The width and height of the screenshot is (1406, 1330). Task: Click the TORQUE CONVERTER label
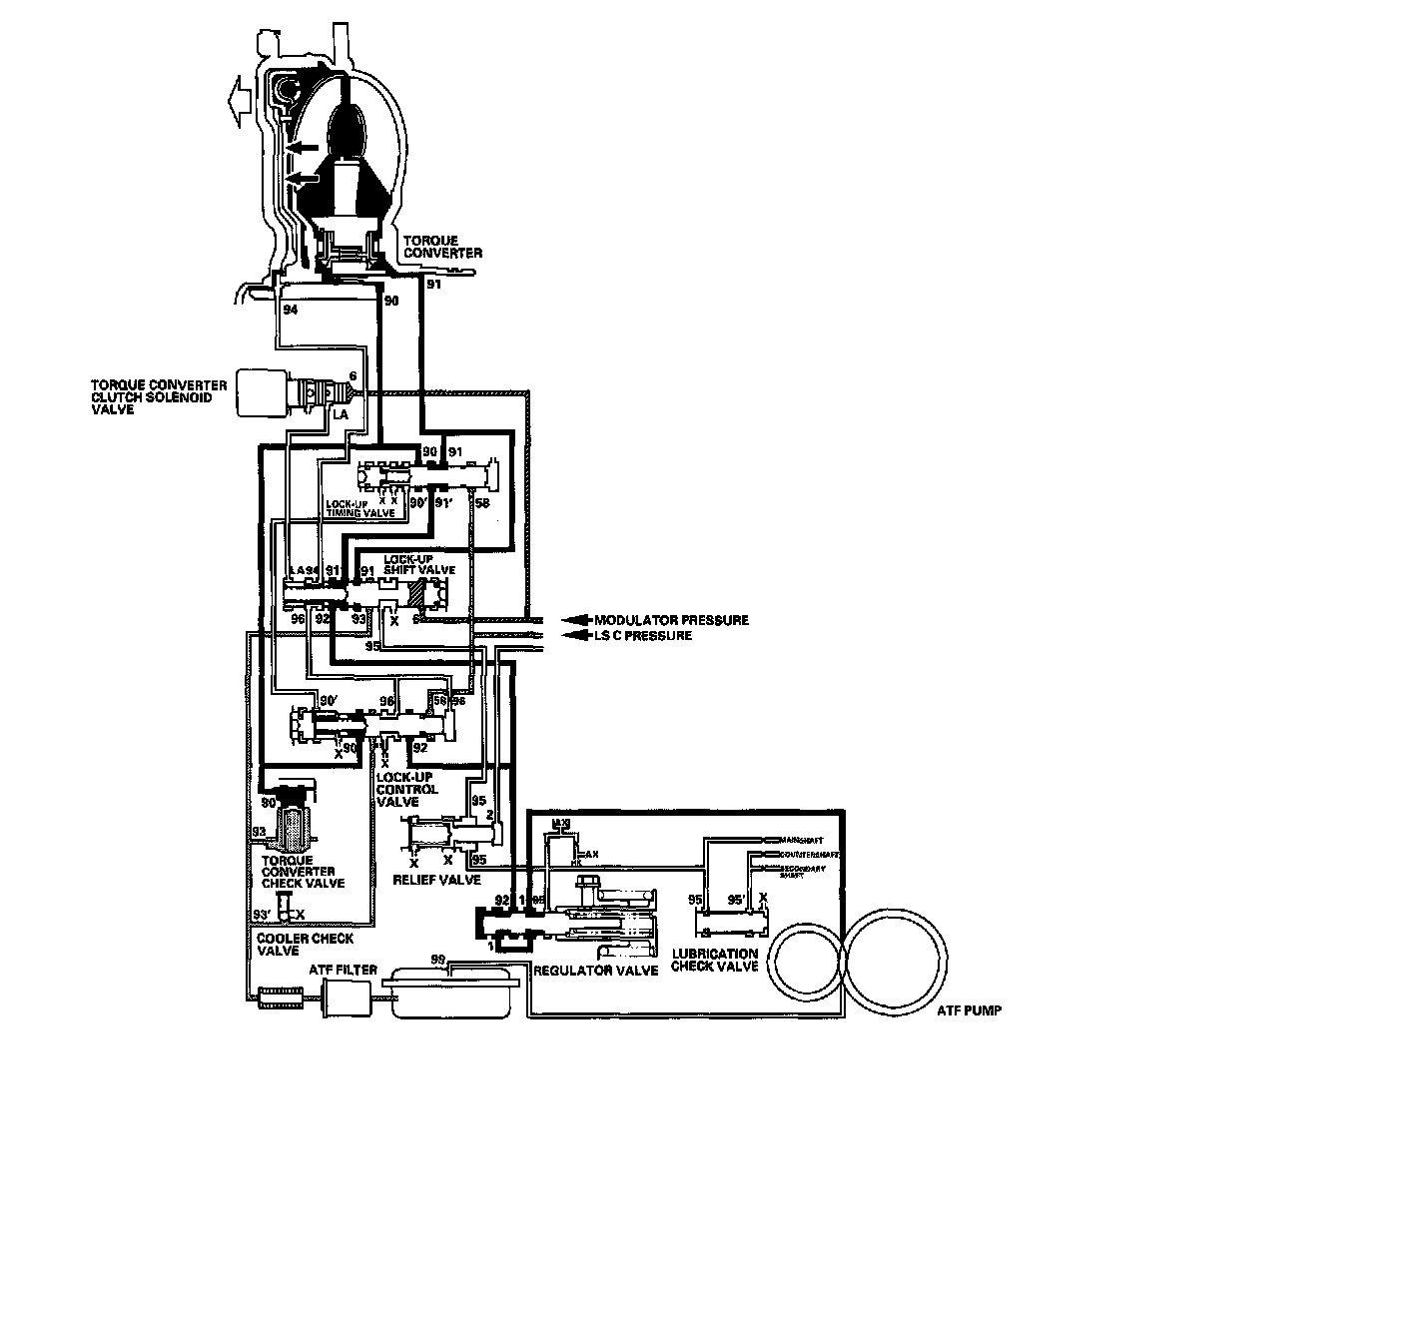(442, 247)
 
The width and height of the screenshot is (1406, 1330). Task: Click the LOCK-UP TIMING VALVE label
(359, 508)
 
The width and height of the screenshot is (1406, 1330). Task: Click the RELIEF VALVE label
(436, 880)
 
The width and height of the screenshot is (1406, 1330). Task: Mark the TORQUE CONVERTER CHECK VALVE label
(303, 872)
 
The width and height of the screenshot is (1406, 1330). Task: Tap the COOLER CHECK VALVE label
(305, 945)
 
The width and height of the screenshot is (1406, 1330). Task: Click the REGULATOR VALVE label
(596, 971)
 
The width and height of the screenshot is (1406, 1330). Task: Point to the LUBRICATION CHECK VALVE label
(715, 960)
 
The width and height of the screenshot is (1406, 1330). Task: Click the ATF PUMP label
(969, 1010)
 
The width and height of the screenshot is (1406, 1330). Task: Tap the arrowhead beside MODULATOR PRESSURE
(577, 620)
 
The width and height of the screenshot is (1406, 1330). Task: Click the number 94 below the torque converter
(291, 311)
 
